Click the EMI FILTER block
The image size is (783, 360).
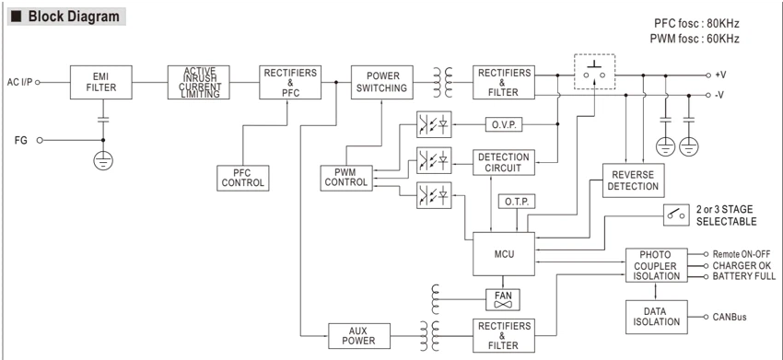[101, 82]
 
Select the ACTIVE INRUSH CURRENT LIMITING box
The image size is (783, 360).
[199, 82]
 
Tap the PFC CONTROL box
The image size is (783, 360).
[243, 179]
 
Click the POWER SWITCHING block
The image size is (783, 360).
[382, 82]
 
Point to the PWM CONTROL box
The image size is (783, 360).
[346, 179]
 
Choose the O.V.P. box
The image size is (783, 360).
[504, 123]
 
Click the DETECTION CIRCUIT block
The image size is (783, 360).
[504, 162]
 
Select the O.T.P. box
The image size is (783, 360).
[517, 202]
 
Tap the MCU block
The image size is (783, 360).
[504, 253]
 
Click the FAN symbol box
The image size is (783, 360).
[503, 299]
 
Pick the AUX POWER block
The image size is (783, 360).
[359, 336]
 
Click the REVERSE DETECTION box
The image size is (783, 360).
[633, 180]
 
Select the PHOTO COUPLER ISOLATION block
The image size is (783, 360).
[656, 265]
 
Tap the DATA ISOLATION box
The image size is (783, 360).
[656, 317]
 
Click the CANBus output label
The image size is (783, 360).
[730, 317]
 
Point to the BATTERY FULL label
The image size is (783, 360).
[744, 276]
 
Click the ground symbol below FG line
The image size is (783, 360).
[103, 161]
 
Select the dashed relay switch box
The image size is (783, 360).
[595, 72]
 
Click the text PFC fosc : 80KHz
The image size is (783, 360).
[696, 23]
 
